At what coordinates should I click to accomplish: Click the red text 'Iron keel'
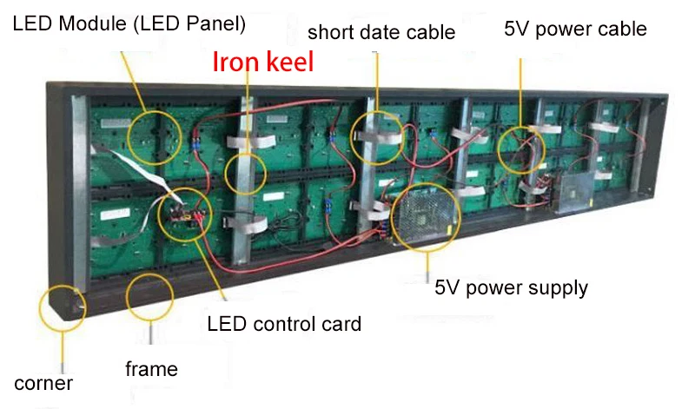tap(263, 62)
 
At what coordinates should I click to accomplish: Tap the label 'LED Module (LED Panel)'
tap(129, 24)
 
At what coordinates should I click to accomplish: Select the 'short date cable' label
tap(381, 33)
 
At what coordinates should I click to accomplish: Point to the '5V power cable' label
tap(575, 29)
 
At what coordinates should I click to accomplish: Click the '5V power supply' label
tap(512, 287)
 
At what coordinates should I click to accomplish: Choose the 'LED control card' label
tap(284, 325)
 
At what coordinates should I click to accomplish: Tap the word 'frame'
tap(151, 369)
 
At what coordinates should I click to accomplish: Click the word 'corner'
tap(43, 383)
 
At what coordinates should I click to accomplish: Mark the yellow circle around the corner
tap(63, 307)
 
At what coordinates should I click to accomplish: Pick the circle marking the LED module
tap(154, 133)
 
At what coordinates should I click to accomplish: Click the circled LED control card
tap(185, 211)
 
